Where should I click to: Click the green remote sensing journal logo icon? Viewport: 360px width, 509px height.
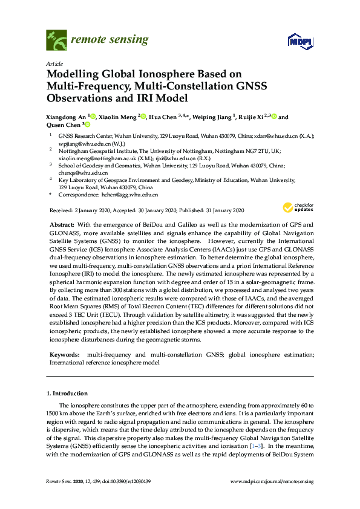[56, 41]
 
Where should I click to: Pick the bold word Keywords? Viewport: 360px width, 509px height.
[63, 354]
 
